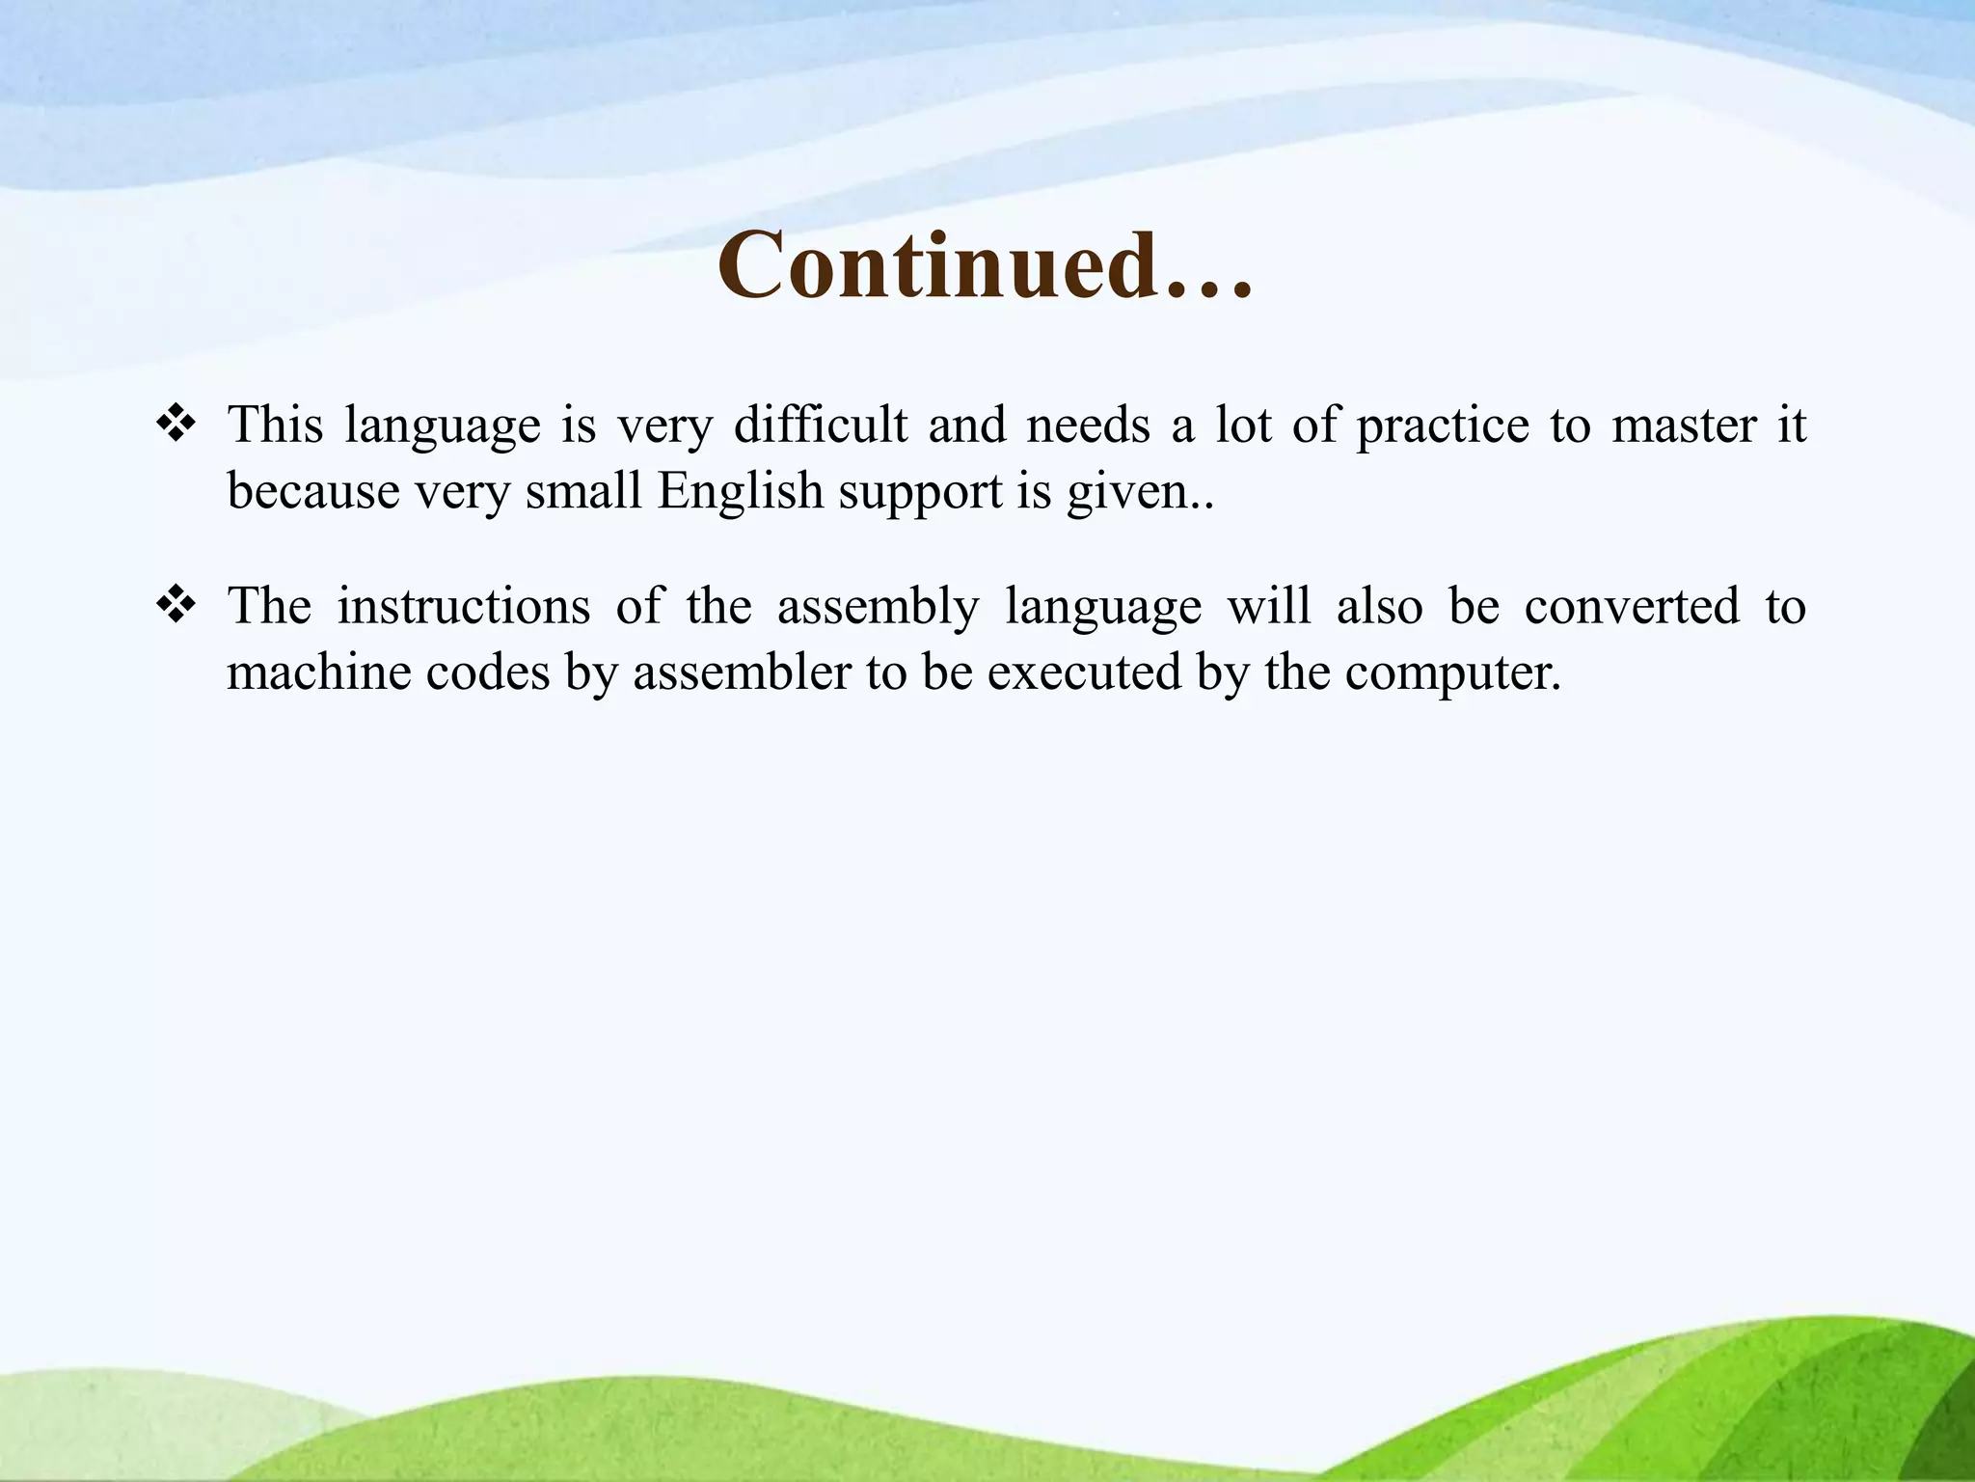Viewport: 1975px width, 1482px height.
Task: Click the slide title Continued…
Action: click(985, 265)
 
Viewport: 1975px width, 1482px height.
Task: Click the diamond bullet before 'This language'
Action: click(176, 424)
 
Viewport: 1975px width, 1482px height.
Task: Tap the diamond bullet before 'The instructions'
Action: click(176, 605)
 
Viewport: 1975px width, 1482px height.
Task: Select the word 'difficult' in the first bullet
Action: click(821, 425)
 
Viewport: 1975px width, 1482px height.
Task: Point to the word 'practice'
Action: click(1443, 426)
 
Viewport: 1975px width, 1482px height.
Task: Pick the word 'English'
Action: click(740, 492)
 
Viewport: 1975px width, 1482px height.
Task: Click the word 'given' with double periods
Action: click(1139, 492)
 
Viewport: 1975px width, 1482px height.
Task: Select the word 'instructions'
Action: click(463, 606)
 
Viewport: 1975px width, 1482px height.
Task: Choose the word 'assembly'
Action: click(878, 608)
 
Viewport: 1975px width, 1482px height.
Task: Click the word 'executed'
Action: click(1084, 672)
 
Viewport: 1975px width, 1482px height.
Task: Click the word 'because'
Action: click(312, 492)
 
